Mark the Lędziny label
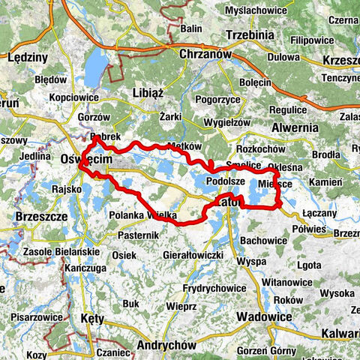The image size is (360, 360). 27,57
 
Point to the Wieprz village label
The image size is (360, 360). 181,307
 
